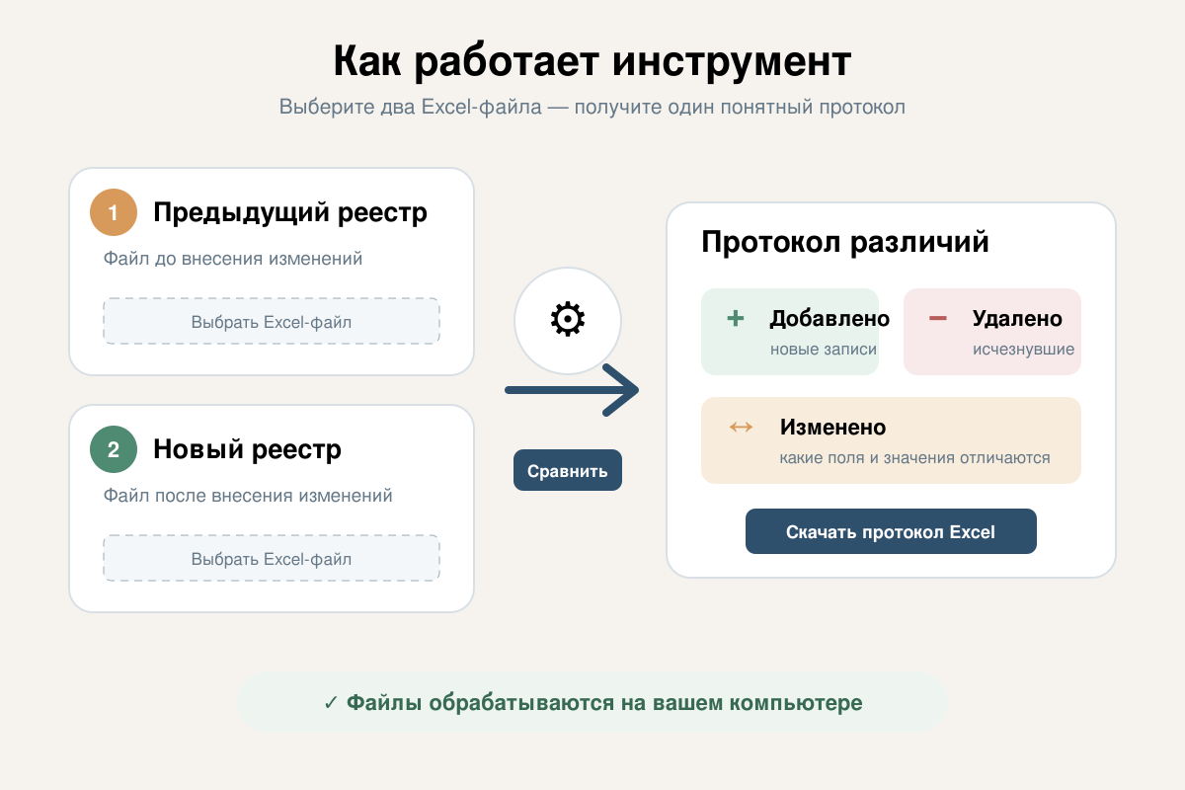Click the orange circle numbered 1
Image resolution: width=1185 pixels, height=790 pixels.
(114, 212)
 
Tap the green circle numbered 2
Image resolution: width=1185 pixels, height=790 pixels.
(114, 449)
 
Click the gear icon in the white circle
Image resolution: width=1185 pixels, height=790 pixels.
(568, 319)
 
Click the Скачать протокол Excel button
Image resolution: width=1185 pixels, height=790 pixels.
(891, 531)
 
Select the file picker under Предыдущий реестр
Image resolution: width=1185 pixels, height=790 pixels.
(272, 321)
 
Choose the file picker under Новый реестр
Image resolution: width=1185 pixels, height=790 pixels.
(272, 558)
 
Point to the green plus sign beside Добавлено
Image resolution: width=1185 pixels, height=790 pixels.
(736, 318)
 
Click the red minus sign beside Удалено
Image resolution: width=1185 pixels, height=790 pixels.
(938, 318)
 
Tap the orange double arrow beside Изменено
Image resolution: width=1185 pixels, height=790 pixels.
(741, 427)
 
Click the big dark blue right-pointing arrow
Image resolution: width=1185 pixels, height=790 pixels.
(572, 390)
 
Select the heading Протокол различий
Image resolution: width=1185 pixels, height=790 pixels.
(845, 242)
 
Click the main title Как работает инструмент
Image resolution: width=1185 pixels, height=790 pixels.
(592, 61)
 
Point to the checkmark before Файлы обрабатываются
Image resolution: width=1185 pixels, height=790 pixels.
(331, 703)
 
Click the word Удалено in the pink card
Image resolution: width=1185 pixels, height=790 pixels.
(1017, 319)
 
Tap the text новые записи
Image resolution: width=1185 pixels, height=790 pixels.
(824, 350)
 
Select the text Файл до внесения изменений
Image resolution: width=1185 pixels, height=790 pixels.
(233, 258)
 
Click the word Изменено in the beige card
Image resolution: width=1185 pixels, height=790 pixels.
(832, 427)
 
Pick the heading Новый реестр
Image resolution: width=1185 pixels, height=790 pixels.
(247, 449)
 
